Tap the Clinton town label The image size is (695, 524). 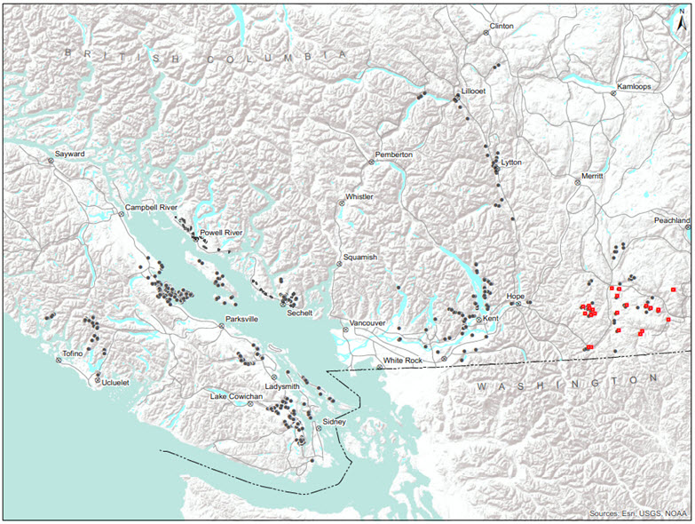pos(502,27)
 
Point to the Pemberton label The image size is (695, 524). pos(394,155)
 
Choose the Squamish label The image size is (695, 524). pos(360,257)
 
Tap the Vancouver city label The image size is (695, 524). pos(368,322)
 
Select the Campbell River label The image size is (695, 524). pos(151,207)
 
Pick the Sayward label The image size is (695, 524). pos(69,154)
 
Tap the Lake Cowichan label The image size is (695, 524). pos(236,395)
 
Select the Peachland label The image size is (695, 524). pos(672,219)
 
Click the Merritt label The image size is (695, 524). pos(592,176)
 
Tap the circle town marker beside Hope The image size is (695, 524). pos(519,303)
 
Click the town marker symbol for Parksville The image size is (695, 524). pos(221,326)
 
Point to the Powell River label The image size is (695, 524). pos(221,233)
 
